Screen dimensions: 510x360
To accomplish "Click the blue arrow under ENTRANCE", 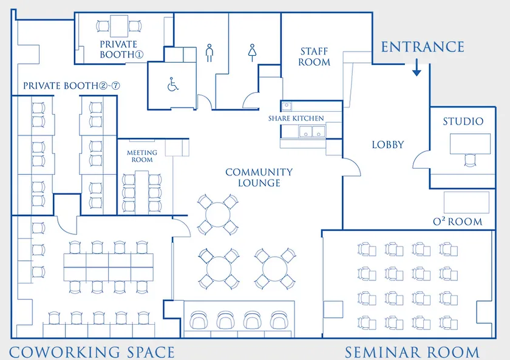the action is (x=416, y=67).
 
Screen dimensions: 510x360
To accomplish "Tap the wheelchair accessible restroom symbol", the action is (x=172, y=84).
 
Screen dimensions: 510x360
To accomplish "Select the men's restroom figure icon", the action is (x=209, y=53).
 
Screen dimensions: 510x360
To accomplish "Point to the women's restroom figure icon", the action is (x=252, y=53).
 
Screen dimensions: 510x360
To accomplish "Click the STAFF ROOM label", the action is (x=314, y=56).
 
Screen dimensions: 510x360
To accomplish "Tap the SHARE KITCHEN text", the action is (x=296, y=118).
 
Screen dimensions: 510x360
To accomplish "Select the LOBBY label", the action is (x=388, y=144).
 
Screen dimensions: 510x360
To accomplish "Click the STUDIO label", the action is (x=463, y=121).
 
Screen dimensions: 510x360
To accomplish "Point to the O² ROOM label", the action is (x=458, y=222).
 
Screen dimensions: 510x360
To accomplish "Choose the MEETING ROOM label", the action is (x=142, y=156).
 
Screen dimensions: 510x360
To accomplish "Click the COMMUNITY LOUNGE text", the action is (x=259, y=177).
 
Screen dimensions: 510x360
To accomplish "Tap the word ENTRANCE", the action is (x=423, y=47).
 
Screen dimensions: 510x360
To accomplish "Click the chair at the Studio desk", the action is (x=470, y=160).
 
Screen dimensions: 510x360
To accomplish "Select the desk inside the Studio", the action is (x=470, y=144).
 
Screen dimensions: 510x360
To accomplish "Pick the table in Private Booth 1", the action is (x=119, y=26).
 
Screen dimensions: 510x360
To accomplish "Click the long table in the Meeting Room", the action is (x=142, y=192).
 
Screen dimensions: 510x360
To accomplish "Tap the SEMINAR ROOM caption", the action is (x=412, y=353).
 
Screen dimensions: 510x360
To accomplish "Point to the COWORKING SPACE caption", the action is (x=92, y=353).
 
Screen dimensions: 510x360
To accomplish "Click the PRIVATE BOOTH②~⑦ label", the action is (x=72, y=86).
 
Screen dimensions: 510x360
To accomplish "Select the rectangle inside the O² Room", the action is (x=466, y=203).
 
